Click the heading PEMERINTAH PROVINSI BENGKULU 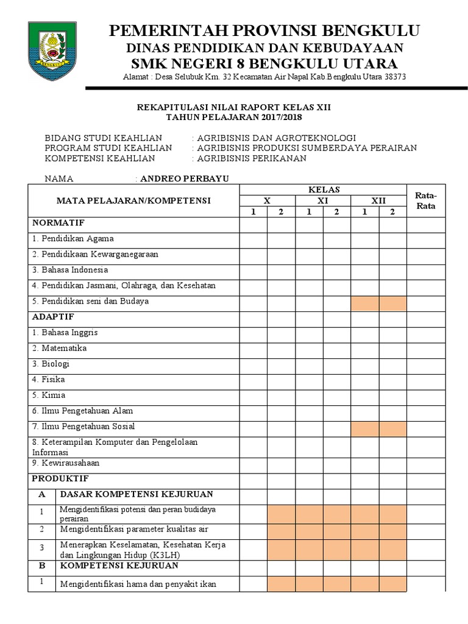pos(264,31)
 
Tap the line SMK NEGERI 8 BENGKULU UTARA pos(264,63)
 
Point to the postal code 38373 pos(394,77)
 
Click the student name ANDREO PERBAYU pos(181,179)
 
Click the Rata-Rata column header pos(425,200)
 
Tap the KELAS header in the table pos(323,190)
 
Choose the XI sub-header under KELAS pos(323,200)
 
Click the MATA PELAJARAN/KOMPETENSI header pos(133,200)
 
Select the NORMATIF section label pos(58,222)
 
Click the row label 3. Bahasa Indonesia pos(70,269)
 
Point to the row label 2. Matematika pos(59,348)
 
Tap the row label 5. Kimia pos(49,395)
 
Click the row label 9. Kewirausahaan pos(66,463)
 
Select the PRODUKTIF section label pos(60,478)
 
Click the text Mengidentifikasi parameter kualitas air pos(133,529)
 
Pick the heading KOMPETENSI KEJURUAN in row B pos(119,565)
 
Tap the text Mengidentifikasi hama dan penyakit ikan pos(138,584)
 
